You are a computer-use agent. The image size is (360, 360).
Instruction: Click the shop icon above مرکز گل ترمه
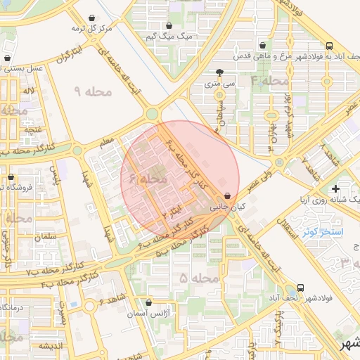click(x=92, y=18)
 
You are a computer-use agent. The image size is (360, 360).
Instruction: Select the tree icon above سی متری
click(x=220, y=72)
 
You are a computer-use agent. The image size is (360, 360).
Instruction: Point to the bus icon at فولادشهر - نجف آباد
click(x=301, y=288)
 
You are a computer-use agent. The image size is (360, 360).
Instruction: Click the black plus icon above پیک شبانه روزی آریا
click(x=335, y=188)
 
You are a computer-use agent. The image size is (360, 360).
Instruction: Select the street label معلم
click(x=107, y=143)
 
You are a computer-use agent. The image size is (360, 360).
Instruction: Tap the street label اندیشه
click(x=53, y=346)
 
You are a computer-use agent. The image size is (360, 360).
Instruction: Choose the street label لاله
click(x=29, y=91)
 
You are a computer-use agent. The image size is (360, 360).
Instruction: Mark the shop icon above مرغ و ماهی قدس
click(x=262, y=44)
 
